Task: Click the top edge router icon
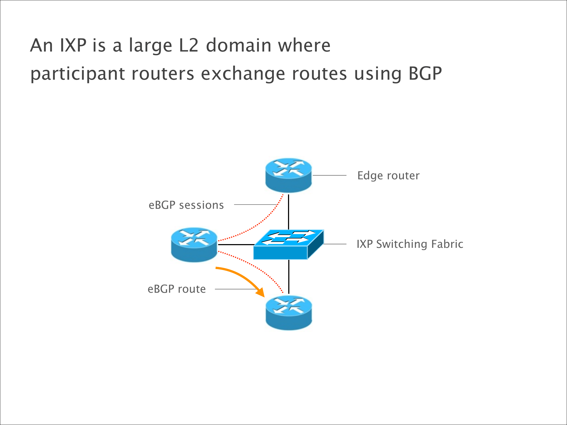click(x=289, y=175)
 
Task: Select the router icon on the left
click(x=194, y=245)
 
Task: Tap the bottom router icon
click(x=289, y=313)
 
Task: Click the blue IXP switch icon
click(x=289, y=245)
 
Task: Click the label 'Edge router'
click(x=388, y=176)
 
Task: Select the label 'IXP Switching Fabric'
click(x=410, y=244)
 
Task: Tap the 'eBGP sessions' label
click(x=186, y=205)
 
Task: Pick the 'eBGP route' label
click(x=177, y=289)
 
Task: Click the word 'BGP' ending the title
click(x=425, y=73)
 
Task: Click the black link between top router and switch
click(x=289, y=212)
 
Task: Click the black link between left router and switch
click(x=236, y=245)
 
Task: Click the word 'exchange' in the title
click(x=243, y=74)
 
